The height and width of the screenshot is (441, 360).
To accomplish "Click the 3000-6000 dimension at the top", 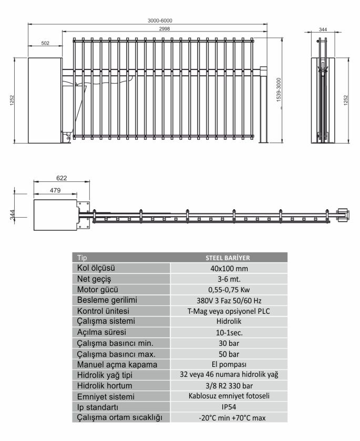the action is coord(160,20).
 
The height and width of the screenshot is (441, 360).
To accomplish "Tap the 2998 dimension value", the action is coord(164,29).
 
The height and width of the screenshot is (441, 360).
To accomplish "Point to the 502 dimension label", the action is coord(45,43).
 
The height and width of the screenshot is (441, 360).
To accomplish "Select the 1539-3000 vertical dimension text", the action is coord(279,90).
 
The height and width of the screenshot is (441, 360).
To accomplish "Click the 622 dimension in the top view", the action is coord(61,178).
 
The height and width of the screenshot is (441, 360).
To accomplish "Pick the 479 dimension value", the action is coord(55,190).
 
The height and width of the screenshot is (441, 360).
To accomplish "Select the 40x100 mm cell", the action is coord(229,269).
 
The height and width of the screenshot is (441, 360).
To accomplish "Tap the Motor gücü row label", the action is coord(98,290).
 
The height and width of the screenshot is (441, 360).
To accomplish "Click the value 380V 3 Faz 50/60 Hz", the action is coord(229,301).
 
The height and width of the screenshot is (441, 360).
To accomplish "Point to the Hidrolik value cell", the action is coord(229,321).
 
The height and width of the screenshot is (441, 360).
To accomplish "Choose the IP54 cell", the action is coord(229,407).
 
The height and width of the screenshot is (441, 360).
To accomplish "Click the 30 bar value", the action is coord(229,343).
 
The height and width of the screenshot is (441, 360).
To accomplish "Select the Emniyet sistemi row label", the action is coord(106,396).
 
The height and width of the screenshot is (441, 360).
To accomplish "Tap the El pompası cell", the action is coord(229,364).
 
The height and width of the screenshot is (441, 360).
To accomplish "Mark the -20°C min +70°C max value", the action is coord(232,418).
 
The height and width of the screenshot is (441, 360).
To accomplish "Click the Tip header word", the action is coord(82,258).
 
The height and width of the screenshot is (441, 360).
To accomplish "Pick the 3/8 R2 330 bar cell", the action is coord(229,386).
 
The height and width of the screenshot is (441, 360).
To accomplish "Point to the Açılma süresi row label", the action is coord(101,332).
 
